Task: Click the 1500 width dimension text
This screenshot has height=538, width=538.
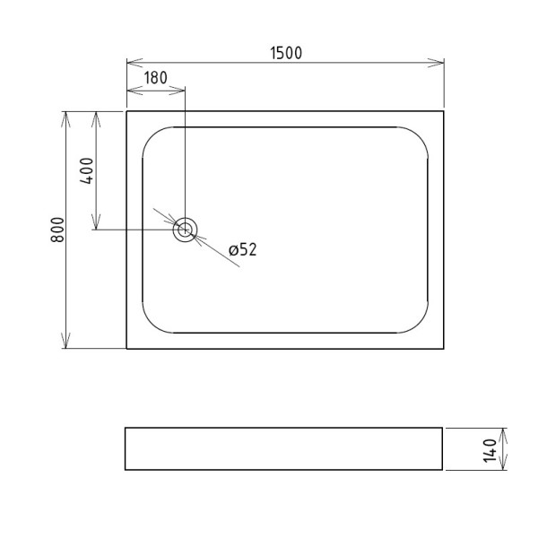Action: [x=286, y=53]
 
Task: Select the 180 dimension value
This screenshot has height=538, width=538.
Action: [x=155, y=78]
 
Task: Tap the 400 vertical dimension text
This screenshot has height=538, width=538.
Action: [x=87, y=169]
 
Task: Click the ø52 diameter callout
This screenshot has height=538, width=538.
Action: [x=242, y=250]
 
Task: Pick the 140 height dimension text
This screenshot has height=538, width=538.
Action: [x=490, y=449]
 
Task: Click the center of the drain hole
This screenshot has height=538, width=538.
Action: [x=185, y=230]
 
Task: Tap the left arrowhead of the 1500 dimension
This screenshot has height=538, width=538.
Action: [x=130, y=63]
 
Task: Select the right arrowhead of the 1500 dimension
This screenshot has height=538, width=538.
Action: [x=441, y=63]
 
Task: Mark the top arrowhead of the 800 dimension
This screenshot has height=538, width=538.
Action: [x=65, y=115]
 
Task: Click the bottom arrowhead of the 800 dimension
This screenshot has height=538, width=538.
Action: [x=65, y=345]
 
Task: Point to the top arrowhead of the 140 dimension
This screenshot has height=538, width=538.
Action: [x=504, y=431]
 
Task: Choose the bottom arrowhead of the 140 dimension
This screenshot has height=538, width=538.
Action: [x=504, y=466]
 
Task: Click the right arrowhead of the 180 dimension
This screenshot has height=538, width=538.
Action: [x=181, y=90]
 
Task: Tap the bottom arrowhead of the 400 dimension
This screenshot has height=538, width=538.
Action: [x=96, y=226]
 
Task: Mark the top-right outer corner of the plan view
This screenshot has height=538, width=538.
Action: [x=444, y=111]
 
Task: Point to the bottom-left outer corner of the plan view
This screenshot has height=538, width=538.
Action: [x=126, y=349]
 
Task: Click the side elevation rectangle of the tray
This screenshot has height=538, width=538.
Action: [x=283, y=448]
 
